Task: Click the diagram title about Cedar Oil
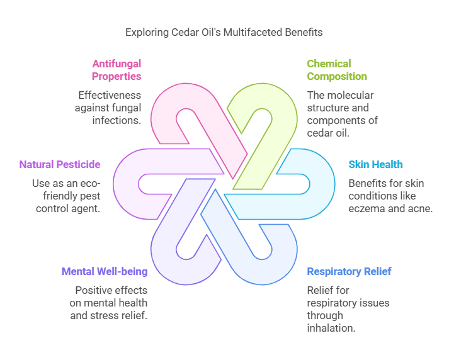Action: (x=224, y=31)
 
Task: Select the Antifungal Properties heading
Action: (x=117, y=70)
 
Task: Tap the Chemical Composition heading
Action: (x=336, y=70)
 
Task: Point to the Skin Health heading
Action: (x=375, y=164)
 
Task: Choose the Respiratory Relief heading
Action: (x=349, y=271)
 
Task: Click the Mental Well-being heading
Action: (x=105, y=271)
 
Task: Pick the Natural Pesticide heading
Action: (x=60, y=164)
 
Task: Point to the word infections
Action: (x=117, y=120)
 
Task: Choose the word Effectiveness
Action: (x=110, y=95)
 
